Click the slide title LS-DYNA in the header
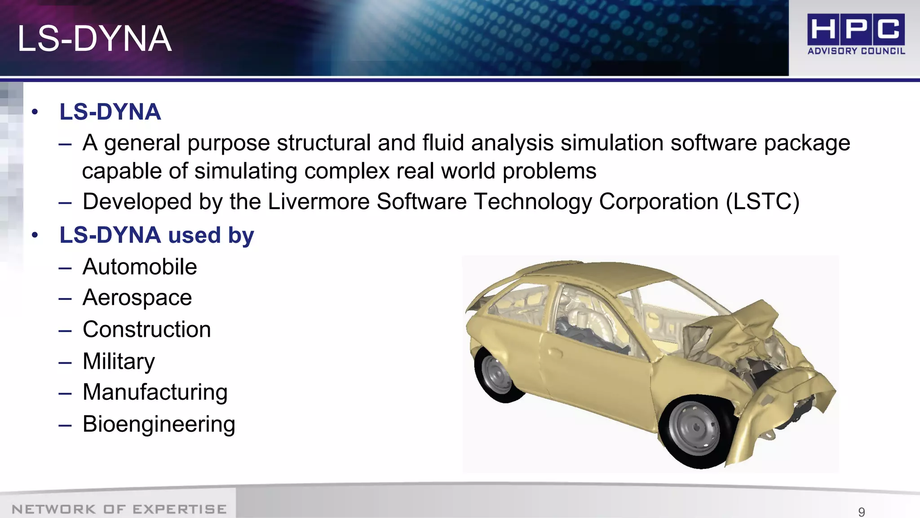pyautogui.click(x=94, y=39)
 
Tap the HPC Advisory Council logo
pyautogui.click(x=856, y=34)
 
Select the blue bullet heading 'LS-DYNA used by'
pyautogui.click(x=157, y=235)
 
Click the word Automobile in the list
pyautogui.click(x=140, y=267)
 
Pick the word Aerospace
pyautogui.click(x=137, y=298)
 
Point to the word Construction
pyautogui.click(x=146, y=330)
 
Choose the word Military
pyautogui.click(x=119, y=362)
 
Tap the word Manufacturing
pyautogui.click(x=155, y=392)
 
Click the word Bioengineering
pyautogui.click(x=159, y=424)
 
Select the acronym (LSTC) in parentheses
pyautogui.click(x=762, y=201)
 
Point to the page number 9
pyautogui.click(x=861, y=512)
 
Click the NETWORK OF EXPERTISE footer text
pyautogui.click(x=119, y=509)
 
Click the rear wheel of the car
pyautogui.click(x=498, y=373)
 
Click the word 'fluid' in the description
pyautogui.click(x=442, y=143)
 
